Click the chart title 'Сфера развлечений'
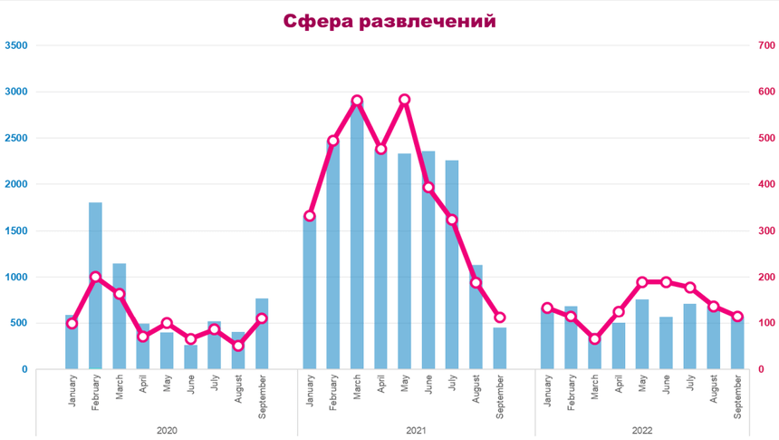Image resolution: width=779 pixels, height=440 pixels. point(389,21)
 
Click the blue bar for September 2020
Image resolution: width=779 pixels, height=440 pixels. point(262,336)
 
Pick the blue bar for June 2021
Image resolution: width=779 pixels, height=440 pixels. point(428,263)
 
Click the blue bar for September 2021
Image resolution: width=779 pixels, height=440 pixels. point(500,349)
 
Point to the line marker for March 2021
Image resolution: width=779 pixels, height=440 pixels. point(357,101)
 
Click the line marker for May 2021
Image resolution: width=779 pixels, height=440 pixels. point(405,100)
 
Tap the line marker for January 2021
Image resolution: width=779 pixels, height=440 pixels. point(310,216)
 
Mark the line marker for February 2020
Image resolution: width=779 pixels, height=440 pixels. point(95,277)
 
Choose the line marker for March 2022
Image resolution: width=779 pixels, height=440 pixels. point(595,339)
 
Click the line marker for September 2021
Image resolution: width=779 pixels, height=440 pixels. point(500,318)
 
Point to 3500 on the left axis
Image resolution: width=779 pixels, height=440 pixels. point(16,45)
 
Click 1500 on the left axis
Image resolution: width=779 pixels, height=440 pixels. point(16,230)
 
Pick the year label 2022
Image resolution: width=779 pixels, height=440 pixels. point(642,430)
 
